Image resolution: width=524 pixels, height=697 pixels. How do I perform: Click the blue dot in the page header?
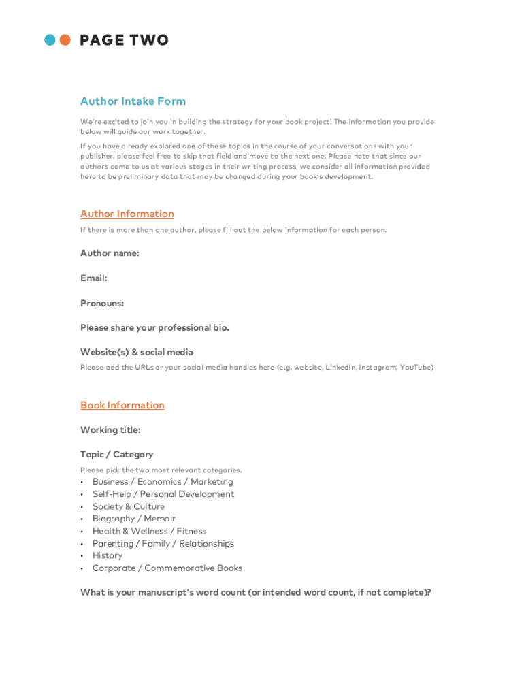pos(50,40)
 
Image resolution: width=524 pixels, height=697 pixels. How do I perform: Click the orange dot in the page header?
pos(65,40)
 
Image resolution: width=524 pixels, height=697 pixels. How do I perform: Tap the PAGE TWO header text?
pos(124,40)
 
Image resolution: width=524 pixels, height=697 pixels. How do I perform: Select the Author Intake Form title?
pos(133,101)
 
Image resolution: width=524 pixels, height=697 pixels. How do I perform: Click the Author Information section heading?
pos(127,214)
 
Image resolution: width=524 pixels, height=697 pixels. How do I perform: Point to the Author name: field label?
pos(110,253)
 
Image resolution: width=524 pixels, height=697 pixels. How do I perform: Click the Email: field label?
pos(93,278)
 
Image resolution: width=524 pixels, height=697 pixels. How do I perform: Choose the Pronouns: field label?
pos(102,303)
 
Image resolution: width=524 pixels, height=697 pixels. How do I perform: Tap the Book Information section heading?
pos(122,405)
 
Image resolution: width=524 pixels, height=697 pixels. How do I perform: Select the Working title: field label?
pos(110,430)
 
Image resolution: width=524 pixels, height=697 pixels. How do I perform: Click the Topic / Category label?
pos(116,455)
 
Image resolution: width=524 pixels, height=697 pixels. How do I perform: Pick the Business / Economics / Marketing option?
pos(163,482)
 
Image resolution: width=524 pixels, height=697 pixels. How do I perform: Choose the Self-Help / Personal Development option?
pos(163,494)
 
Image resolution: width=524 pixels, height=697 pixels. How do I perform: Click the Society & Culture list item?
pos(129,506)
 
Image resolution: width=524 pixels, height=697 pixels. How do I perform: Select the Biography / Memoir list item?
pos(134,519)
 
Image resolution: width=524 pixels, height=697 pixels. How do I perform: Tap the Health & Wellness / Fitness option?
pos(149,531)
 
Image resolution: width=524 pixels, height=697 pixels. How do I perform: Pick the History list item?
pos(108,555)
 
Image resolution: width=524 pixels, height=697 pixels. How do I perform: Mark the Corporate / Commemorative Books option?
pos(167,568)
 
